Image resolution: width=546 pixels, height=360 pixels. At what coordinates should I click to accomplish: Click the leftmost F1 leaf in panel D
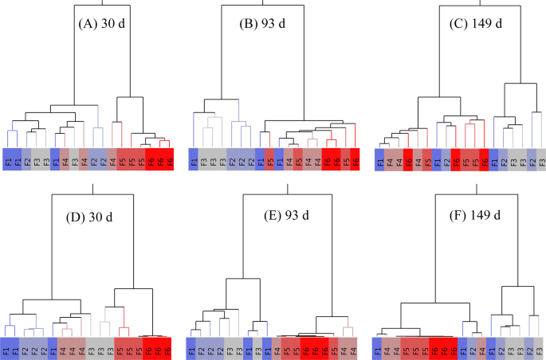coord(8,347)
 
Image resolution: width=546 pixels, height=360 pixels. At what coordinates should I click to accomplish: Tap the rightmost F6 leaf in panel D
coord(168,347)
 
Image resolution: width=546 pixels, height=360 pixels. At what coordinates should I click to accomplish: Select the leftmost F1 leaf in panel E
coord(193,347)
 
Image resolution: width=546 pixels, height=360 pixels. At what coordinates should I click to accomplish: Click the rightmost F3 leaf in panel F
coord(541,347)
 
